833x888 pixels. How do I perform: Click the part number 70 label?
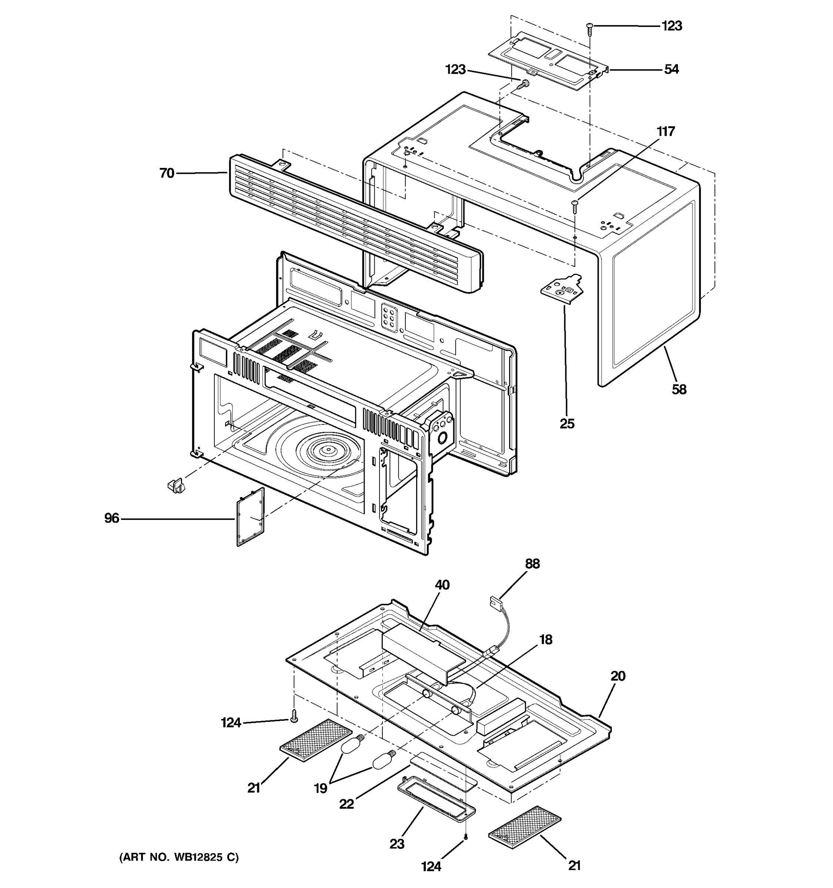[x=167, y=173]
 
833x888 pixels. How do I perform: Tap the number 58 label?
[x=679, y=390]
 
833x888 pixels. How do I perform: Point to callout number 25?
[x=567, y=423]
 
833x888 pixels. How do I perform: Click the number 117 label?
[x=665, y=131]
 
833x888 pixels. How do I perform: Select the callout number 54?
[x=671, y=69]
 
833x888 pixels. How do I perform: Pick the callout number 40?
[x=442, y=585]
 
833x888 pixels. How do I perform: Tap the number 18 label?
[x=546, y=640]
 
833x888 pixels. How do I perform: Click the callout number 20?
[x=618, y=676]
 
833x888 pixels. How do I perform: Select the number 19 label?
[x=320, y=789]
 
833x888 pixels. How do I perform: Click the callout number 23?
[x=397, y=844]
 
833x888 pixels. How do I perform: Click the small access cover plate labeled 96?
[x=250, y=517]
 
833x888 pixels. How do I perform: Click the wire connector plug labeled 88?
[x=494, y=601]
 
